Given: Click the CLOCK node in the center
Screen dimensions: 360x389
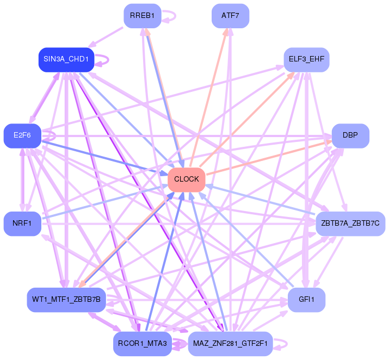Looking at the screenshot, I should tap(187, 179).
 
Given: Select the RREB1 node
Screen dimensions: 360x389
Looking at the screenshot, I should tap(143, 16).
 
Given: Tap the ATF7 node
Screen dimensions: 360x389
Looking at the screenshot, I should tap(230, 16).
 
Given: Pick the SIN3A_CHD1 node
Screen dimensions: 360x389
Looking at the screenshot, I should tap(66, 59).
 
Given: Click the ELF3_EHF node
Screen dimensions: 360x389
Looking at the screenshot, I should tap(307, 59).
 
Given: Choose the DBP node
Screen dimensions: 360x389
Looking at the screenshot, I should tap(350, 135).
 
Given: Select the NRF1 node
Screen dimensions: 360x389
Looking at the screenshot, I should tap(22, 224).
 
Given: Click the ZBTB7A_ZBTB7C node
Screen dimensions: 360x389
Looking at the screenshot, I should tap(350, 224).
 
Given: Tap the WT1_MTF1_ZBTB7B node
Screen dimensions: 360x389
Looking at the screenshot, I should tap(66, 300).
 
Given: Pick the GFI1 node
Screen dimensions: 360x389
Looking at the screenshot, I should tap(307, 300).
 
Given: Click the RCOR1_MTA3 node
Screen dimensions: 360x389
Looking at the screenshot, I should tap(143, 343).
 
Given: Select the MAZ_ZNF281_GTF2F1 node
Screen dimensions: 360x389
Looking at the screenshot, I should tap(230, 343).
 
